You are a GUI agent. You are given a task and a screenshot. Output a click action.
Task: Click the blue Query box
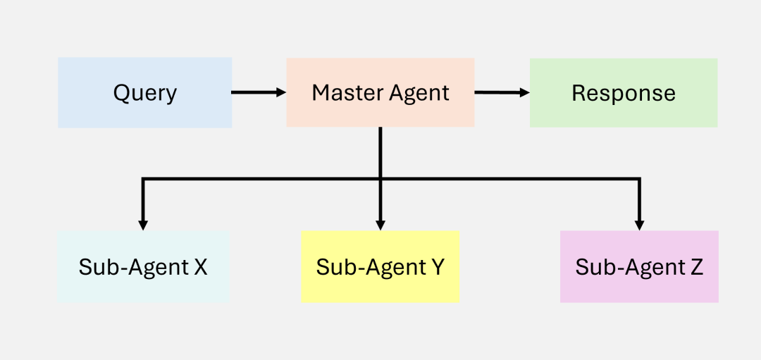[144, 93]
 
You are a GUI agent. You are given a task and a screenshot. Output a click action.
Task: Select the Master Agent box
[380, 93]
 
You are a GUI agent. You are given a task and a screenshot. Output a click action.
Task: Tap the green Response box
[624, 93]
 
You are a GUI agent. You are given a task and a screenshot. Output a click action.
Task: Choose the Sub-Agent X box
[143, 267]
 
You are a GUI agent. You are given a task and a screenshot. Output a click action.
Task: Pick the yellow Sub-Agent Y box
[380, 267]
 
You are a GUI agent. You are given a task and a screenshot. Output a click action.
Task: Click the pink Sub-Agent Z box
[639, 267]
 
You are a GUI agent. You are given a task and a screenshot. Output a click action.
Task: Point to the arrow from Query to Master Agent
[259, 92]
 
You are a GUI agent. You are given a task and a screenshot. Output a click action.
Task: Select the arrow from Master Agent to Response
[502, 92]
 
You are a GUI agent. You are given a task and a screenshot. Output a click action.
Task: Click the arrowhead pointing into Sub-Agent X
[143, 225]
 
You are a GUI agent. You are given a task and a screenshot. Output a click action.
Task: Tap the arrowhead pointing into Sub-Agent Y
[380, 225]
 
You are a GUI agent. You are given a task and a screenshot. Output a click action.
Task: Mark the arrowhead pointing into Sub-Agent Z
[639, 225]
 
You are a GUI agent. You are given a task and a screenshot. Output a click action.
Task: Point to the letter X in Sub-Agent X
[200, 267]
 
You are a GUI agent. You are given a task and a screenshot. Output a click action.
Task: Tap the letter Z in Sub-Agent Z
[696, 267]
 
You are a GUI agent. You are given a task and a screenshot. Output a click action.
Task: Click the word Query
[144, 93]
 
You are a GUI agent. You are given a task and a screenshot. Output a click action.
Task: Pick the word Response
[624, 93]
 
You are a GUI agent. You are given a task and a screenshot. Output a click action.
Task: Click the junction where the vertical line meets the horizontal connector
[380, 180]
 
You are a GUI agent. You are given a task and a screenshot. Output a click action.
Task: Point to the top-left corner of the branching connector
[143, 180]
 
